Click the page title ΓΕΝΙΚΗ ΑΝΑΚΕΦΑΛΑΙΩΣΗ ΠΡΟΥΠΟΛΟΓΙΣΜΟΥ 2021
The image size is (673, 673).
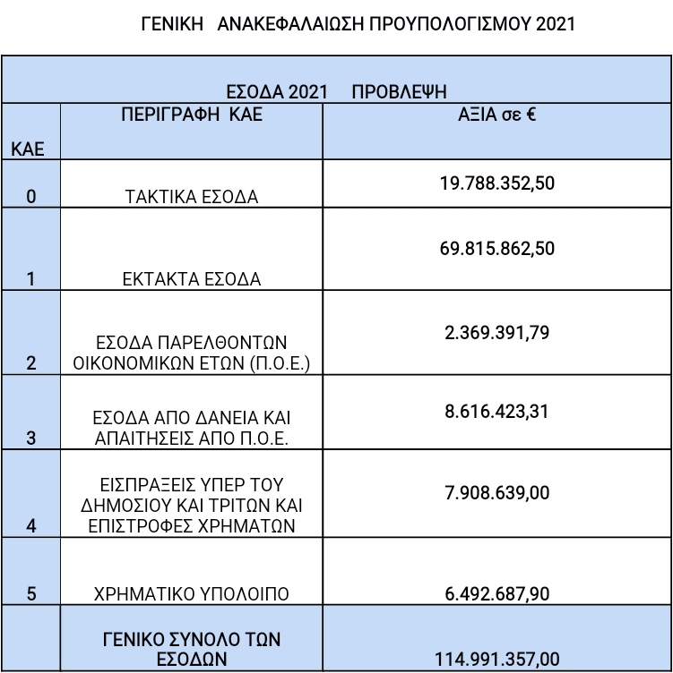click(358, 24)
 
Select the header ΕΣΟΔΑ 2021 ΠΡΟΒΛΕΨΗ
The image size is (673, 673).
click(335, 90)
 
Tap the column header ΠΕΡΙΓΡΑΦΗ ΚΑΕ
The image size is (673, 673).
click(192, 115)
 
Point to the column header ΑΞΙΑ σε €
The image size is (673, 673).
click(496, 115)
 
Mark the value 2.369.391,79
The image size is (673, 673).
click(496, 333)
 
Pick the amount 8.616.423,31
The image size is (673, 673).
click(496, 411)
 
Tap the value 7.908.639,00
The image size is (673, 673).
click(496, 492)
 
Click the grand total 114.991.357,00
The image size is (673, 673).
click(496, 660)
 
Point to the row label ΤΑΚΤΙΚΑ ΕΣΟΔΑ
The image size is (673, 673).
click(191, 197)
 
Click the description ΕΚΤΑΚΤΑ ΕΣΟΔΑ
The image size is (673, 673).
click(191, 279)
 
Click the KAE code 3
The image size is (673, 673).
click(31, 438)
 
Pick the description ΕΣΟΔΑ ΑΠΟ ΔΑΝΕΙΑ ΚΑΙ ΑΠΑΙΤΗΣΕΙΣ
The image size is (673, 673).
click(191, 428)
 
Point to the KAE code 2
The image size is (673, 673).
click(31, 362)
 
